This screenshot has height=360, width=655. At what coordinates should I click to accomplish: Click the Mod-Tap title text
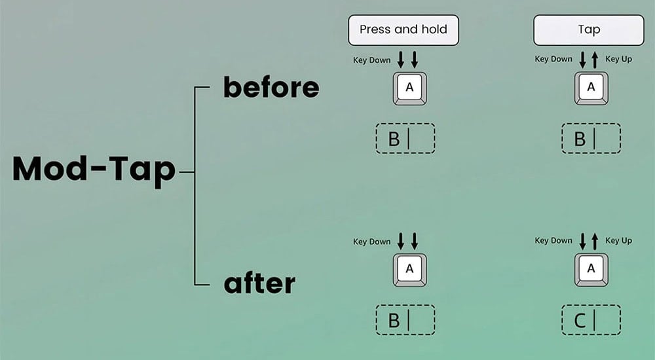tap(94, 170)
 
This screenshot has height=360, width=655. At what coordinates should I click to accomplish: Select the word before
tap(271, 88)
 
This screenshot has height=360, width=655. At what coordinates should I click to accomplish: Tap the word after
tap(259, 284)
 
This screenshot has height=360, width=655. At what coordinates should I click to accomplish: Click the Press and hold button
tap(403, 30)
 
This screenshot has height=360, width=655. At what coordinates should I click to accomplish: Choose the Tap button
tap(589, 30)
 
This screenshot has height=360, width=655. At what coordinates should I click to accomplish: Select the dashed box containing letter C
tap(591, 321)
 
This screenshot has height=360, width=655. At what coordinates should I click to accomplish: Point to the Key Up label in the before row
tap(618, 60)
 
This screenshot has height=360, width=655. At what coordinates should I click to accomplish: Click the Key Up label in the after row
tap(618, 241)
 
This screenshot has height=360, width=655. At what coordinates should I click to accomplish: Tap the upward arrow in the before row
tap(595, 61)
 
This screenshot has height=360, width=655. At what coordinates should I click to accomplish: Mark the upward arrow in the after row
tap(595, 242)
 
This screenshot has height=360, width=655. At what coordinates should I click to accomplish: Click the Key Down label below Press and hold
tap(371, 60)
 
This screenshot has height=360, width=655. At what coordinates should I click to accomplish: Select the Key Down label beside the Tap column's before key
tap(553, 60)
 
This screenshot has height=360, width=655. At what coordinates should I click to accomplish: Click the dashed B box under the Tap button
tap(591, 139)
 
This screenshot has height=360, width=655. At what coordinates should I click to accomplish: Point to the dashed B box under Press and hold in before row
tap(405, 139)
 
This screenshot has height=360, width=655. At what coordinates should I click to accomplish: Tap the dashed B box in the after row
tap(405, 321)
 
